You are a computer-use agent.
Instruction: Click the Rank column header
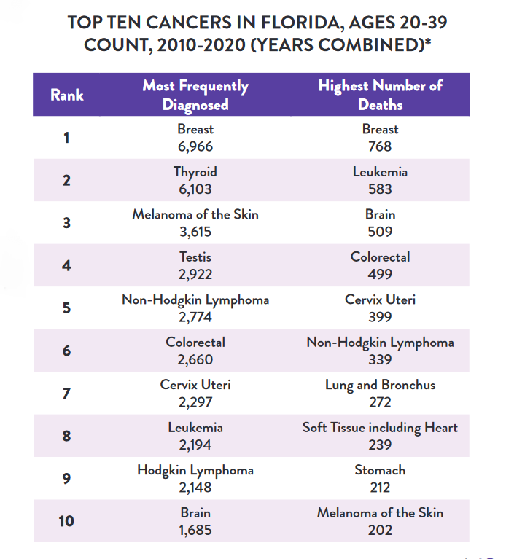pyautogui.click(x=67, y=95)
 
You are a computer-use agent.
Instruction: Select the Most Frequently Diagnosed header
pyautogui.click(x=195, y=95)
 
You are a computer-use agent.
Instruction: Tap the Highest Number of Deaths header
pyautogui.click(x=380, y=95)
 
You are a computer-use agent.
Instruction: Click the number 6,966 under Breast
pyautogui.click(x=195, y=146)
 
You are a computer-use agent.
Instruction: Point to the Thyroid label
pyautogui.click(x=195, y=172)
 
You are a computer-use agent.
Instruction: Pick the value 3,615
pyautogui.click(x=195, y=232)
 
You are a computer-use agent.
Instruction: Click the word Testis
pyautogui.click(x=195, y=257)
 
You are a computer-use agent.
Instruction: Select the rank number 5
pyautogui.click(x=67, y=308)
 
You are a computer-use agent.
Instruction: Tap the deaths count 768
pyautogui.click(x=380, y=146)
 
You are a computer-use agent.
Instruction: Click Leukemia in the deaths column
pyautogui.click(x=380, y=172)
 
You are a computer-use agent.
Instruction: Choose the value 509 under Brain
pyautogui.click(x=380, y=232)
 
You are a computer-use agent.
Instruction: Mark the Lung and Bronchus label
pyautogui.click(x=380, y=385)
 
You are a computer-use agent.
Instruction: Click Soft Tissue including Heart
pyautogui.click(x=380, y=428)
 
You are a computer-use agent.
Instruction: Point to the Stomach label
pyautogui.click(x=380, y=470)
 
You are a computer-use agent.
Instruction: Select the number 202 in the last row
pyautogui.click(x=380, y=530)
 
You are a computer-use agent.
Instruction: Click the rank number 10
pyautogui.click(x=67, y=521)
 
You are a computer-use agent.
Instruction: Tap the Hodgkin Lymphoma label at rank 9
pyautogui.click(x=195, y=470)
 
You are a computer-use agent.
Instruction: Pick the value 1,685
pyautogui.click(x=195, y=530)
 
